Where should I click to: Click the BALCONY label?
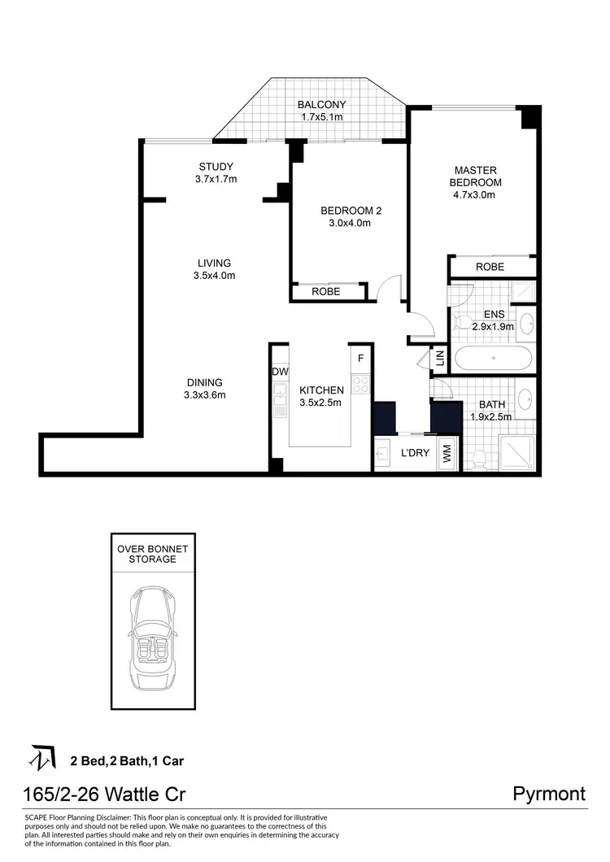[321, 104]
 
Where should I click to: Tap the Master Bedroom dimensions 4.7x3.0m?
[476, 194]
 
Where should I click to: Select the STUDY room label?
[216, 167]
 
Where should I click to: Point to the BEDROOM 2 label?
[351, 211]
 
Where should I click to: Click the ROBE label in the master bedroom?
[490, 267]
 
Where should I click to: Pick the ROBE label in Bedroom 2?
[325, 292]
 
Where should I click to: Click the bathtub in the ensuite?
[494, 358]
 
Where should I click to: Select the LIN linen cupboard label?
[439, 357]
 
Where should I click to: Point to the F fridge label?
[360, 357]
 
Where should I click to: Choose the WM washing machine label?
[447, 455]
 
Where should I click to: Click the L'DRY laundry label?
[415, 454]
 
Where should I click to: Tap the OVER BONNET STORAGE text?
[146, 554]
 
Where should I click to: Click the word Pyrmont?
[549, 794]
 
